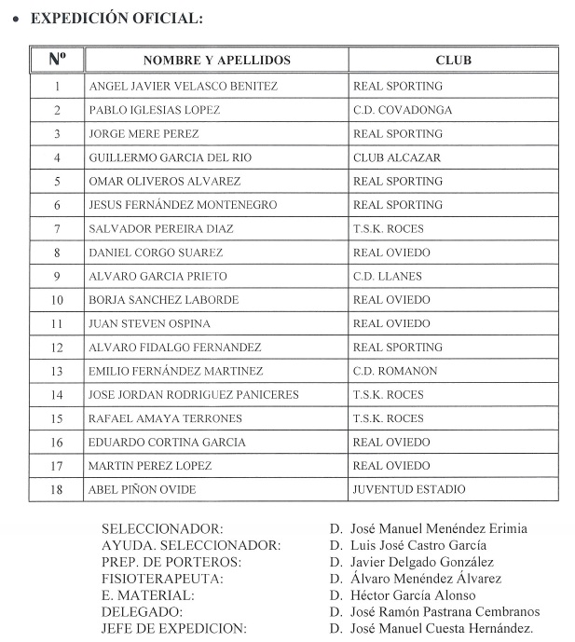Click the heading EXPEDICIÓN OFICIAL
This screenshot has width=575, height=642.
(116, 18)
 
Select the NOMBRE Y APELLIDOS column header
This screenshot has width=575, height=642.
(216, 61)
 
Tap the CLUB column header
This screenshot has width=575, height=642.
(453, 61)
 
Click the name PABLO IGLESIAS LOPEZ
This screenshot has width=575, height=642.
(155, 110)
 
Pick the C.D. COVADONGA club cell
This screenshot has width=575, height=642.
(403, 110)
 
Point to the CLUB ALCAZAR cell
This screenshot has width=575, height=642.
(397, 157)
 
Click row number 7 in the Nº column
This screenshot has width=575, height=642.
(57, 229)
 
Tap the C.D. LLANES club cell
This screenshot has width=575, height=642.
(388, 277)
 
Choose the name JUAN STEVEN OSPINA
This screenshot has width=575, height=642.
(149, 324)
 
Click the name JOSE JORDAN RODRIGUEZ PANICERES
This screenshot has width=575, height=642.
(194, 395)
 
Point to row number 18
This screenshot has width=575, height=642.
(57, 490)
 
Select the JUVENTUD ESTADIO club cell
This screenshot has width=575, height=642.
(409, 490)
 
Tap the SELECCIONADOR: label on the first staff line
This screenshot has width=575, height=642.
(162, 529)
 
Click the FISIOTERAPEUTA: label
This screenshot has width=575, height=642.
(163, 579)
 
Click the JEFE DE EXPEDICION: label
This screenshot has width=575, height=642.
(174, 628)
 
